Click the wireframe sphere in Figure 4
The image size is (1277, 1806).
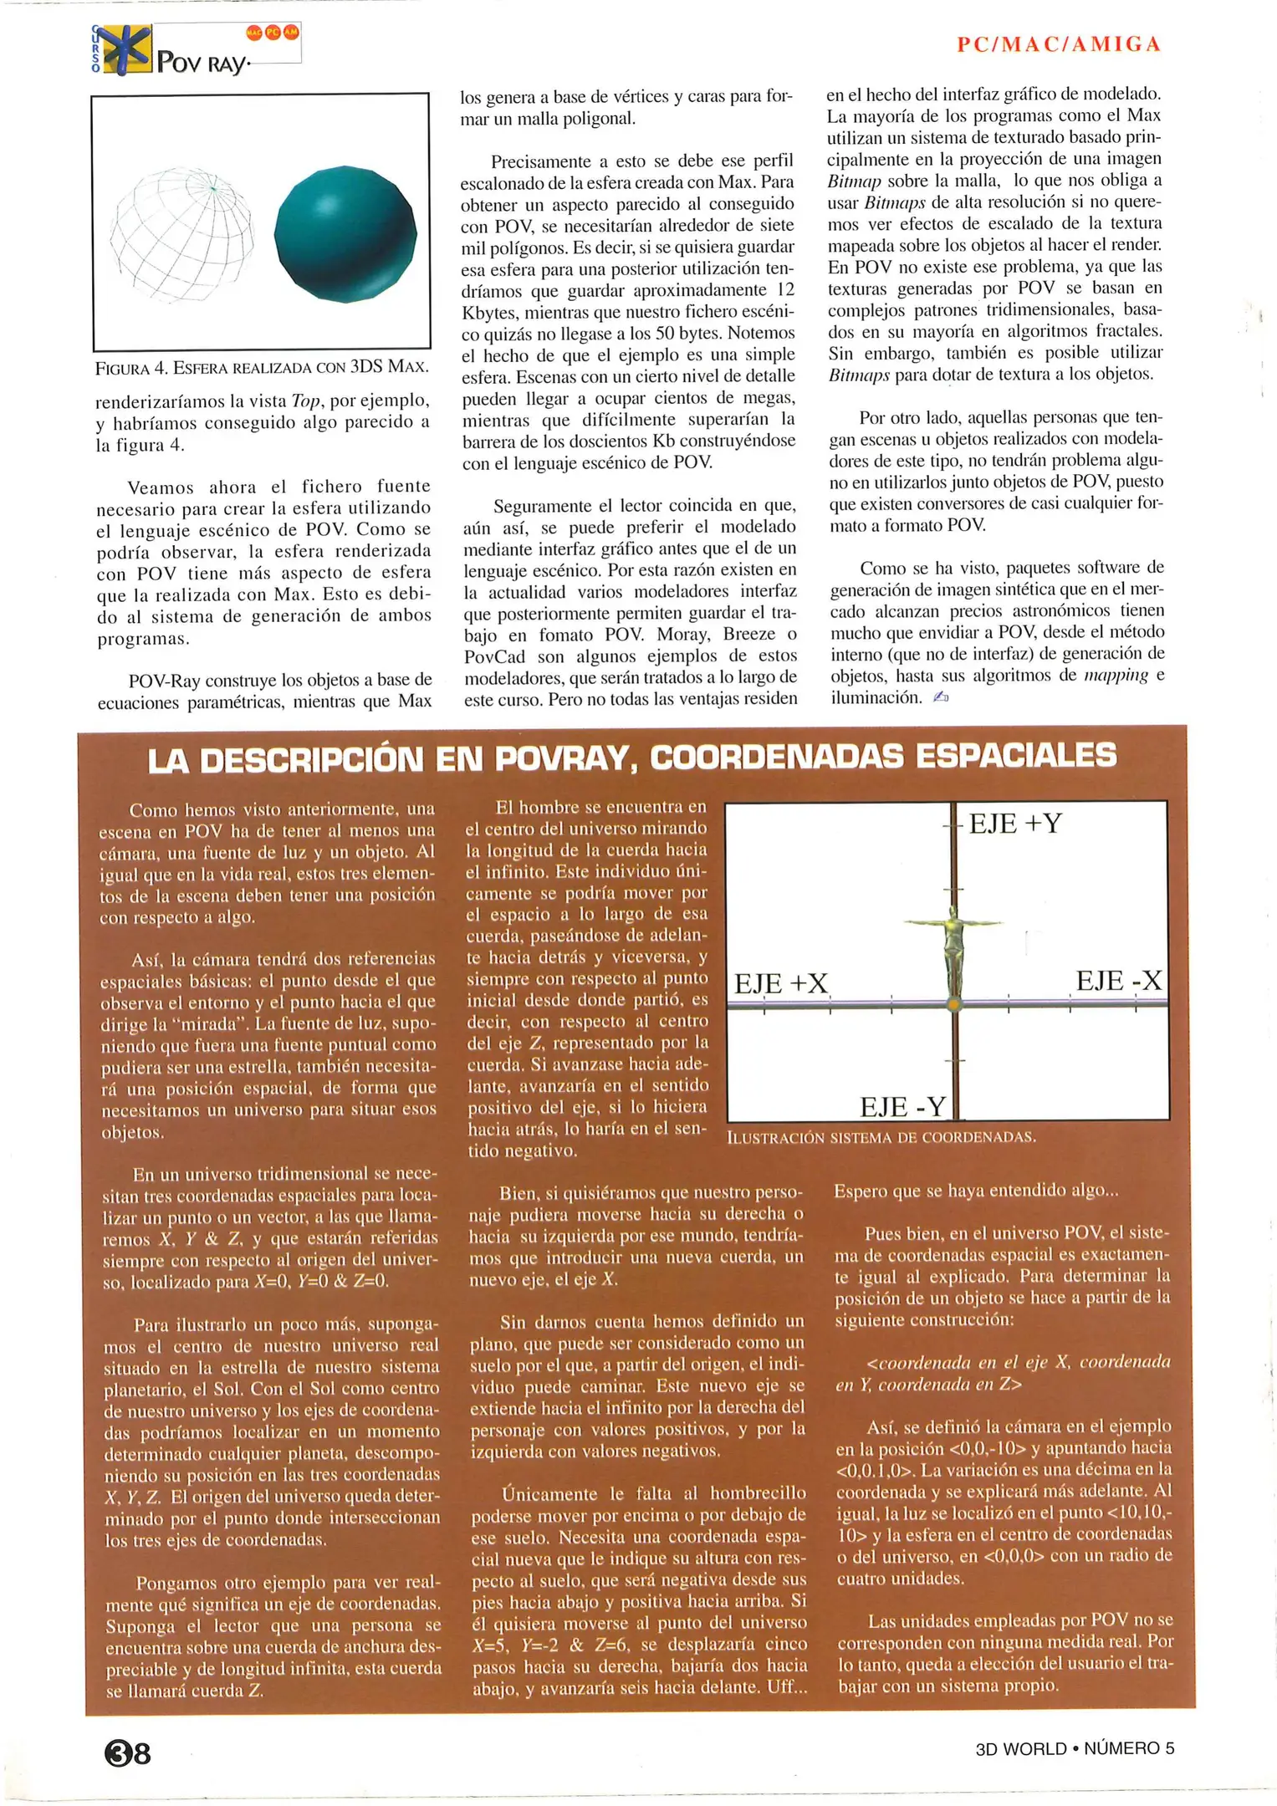(182, 233)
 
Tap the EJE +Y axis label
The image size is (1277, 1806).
(1014, 824)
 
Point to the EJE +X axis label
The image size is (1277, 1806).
(780, 983)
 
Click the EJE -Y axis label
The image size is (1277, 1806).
(902, 1107)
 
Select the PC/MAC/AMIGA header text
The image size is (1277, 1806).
(1059, 44)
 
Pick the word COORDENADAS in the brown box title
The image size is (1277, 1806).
(779, 756)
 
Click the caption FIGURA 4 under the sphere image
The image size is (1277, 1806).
(262, 367)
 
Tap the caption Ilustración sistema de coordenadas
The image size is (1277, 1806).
(881, 1137)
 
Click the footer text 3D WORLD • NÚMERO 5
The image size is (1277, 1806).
(1075, 1748)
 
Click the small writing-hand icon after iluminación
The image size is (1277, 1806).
(941, 696)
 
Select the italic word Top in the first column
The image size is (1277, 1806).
(306, 400)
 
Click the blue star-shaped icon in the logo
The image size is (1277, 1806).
(124, 48)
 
